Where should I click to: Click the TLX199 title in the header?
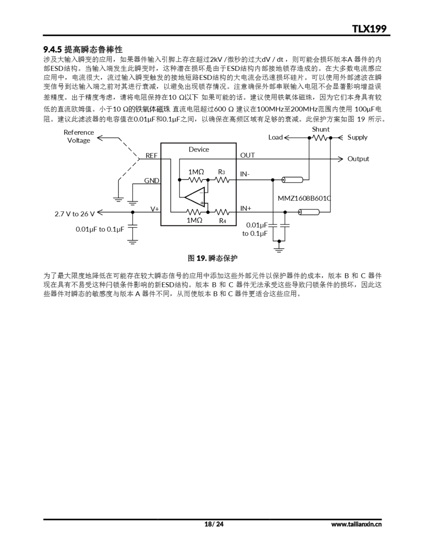369,29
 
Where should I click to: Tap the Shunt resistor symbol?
320,138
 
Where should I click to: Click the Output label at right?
358,159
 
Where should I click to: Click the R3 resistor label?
222,172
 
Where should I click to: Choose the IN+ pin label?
246,208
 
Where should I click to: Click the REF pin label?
151,156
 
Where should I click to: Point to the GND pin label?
151,180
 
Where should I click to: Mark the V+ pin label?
155,209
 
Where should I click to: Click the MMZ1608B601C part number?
304,199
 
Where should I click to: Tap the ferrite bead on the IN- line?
292,180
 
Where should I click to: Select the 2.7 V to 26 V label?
75,214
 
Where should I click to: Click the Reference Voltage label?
79,136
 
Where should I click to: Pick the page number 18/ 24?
214,524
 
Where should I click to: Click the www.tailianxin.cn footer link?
356,524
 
